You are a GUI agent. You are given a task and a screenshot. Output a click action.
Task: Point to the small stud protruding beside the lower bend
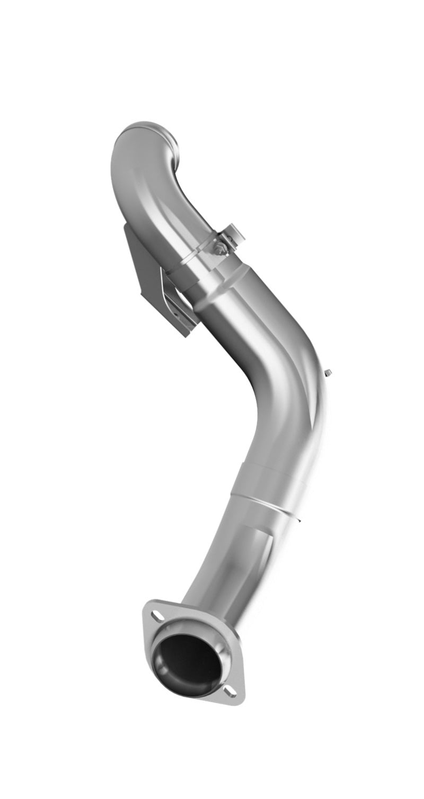click(329, 371)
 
